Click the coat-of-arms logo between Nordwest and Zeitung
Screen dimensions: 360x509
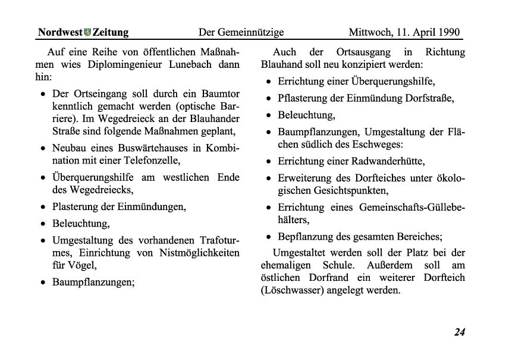click(87, 32)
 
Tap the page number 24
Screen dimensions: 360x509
click(459, 332)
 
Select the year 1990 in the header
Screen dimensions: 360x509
click(449, 32)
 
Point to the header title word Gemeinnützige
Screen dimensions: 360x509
click(250, 32)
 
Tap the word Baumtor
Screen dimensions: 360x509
click(220, 94)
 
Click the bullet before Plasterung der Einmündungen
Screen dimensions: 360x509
click(43, 207)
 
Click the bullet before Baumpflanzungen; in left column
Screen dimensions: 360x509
click(43, 282)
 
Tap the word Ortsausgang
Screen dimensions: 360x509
click(362, 52)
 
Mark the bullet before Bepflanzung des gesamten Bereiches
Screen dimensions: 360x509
click(269, 236)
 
